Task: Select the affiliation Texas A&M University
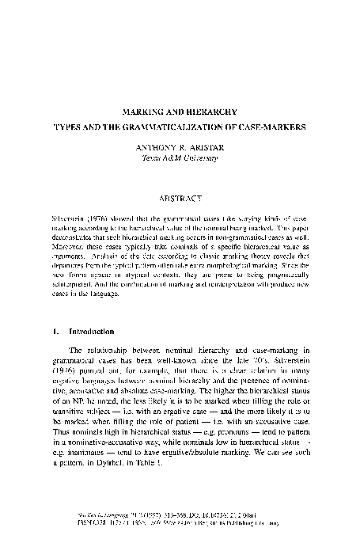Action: pos(179,157)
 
